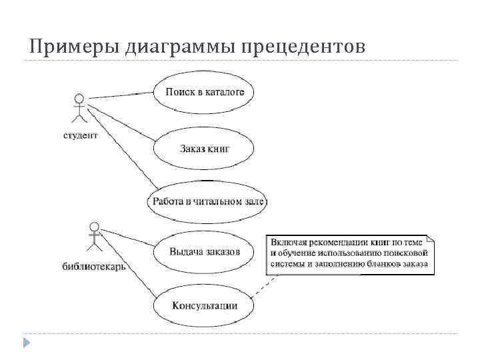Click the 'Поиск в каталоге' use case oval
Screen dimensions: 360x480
coord(204,92)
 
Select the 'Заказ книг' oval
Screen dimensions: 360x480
coord(204,147)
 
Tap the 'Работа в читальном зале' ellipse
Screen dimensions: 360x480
coord(208,201)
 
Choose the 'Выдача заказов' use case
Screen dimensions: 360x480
coord(204,252)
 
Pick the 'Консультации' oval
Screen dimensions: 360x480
coord(204,306)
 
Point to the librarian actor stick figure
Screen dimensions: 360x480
coord(95,237)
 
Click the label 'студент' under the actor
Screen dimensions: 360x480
coord(80,135)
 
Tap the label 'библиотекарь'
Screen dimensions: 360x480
coord(94,266)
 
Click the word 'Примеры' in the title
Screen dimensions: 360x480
coord(65,47)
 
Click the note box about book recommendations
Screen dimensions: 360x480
coord(350,253)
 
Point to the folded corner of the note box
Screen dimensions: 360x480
coord(430,238)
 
